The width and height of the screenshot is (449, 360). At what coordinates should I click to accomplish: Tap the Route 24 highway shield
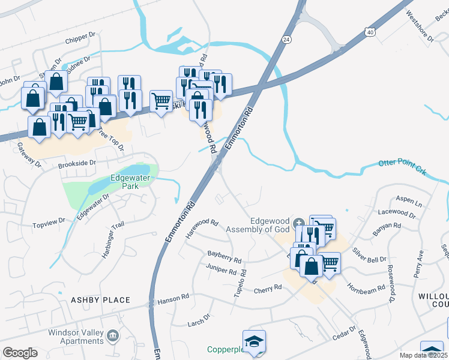pyautogui.click(x=287, y=39)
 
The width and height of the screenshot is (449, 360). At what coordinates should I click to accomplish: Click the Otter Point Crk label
pyautogui.click(x=402, y=167)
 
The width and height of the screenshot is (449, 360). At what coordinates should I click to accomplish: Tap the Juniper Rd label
pyautogui.click(x=221, y=270)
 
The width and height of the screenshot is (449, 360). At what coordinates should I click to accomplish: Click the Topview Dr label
pyautogui.click(x=49, y=223)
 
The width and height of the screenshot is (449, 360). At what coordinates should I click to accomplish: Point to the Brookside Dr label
pyautogui.click(x=77, y=163)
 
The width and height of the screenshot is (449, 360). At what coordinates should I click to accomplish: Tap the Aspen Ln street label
pyautogui.click(x=409, y=202)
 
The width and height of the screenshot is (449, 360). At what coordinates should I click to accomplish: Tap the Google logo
pyautogui.click(x=19, y=353)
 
